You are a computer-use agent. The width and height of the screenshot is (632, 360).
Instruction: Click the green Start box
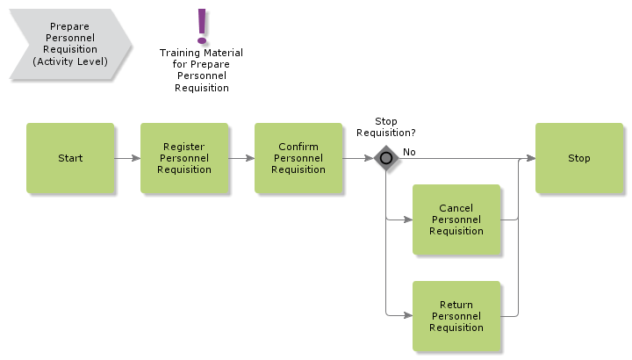click(x=70, y=158)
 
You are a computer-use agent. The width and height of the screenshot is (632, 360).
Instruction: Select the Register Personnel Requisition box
click(x=184, y=158)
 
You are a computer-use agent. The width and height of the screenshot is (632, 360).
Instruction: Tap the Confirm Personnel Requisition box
click(x=298, y=158)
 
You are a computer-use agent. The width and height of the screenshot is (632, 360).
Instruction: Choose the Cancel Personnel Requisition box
click(x=456, y=220)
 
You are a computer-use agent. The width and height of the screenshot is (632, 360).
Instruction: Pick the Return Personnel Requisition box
click(x=456, y=316)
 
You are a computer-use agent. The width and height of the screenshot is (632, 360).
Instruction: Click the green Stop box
click(x=579, y=158)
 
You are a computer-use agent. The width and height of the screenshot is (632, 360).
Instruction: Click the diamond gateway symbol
click(x=386, y=159)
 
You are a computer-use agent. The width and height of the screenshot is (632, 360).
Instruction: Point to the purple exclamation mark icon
click(x=203, y=26)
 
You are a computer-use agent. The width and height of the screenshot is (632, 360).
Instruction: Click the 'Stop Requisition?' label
click(x=385, y=127)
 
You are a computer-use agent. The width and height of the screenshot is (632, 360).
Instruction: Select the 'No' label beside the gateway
click(x=409, y=152)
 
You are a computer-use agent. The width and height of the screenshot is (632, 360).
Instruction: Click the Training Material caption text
click(x=201, y=70)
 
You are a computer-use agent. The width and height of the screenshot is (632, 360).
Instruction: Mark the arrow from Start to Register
click(x=127, y=159)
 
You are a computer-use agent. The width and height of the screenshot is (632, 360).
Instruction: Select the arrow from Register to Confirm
click(x=241, y=159)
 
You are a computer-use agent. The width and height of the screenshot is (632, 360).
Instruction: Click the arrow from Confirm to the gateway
click(x=357, y=159)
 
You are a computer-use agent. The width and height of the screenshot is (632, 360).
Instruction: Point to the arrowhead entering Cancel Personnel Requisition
click(x=408, y=220)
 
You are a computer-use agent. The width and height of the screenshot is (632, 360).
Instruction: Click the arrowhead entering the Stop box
click(x=531, y=159)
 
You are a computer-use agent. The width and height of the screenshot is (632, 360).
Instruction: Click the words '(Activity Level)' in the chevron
click(x=69, y=61)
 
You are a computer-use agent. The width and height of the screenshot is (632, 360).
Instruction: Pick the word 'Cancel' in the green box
click(x=456, y=208)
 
